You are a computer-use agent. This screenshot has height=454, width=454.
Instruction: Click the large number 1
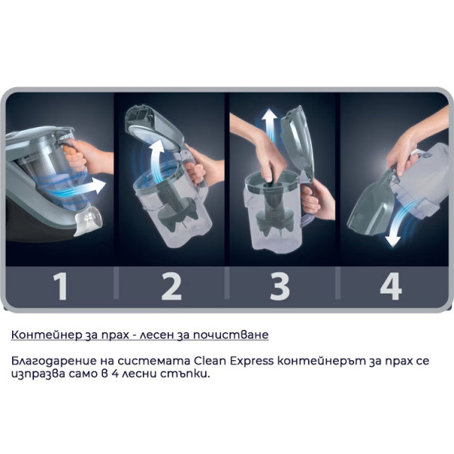pyautogui.click(x=61, y=286)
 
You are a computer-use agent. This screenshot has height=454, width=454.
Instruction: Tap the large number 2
pyautogui.click(x=171, y=286)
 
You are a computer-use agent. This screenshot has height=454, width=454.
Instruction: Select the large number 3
pyautogui.click(x=281, y=286)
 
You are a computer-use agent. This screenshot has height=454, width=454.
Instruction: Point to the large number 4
pyautogui.click(x=390, y=286)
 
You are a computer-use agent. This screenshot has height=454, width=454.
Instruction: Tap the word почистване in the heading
pyautogui.click(x=235, y=334)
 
